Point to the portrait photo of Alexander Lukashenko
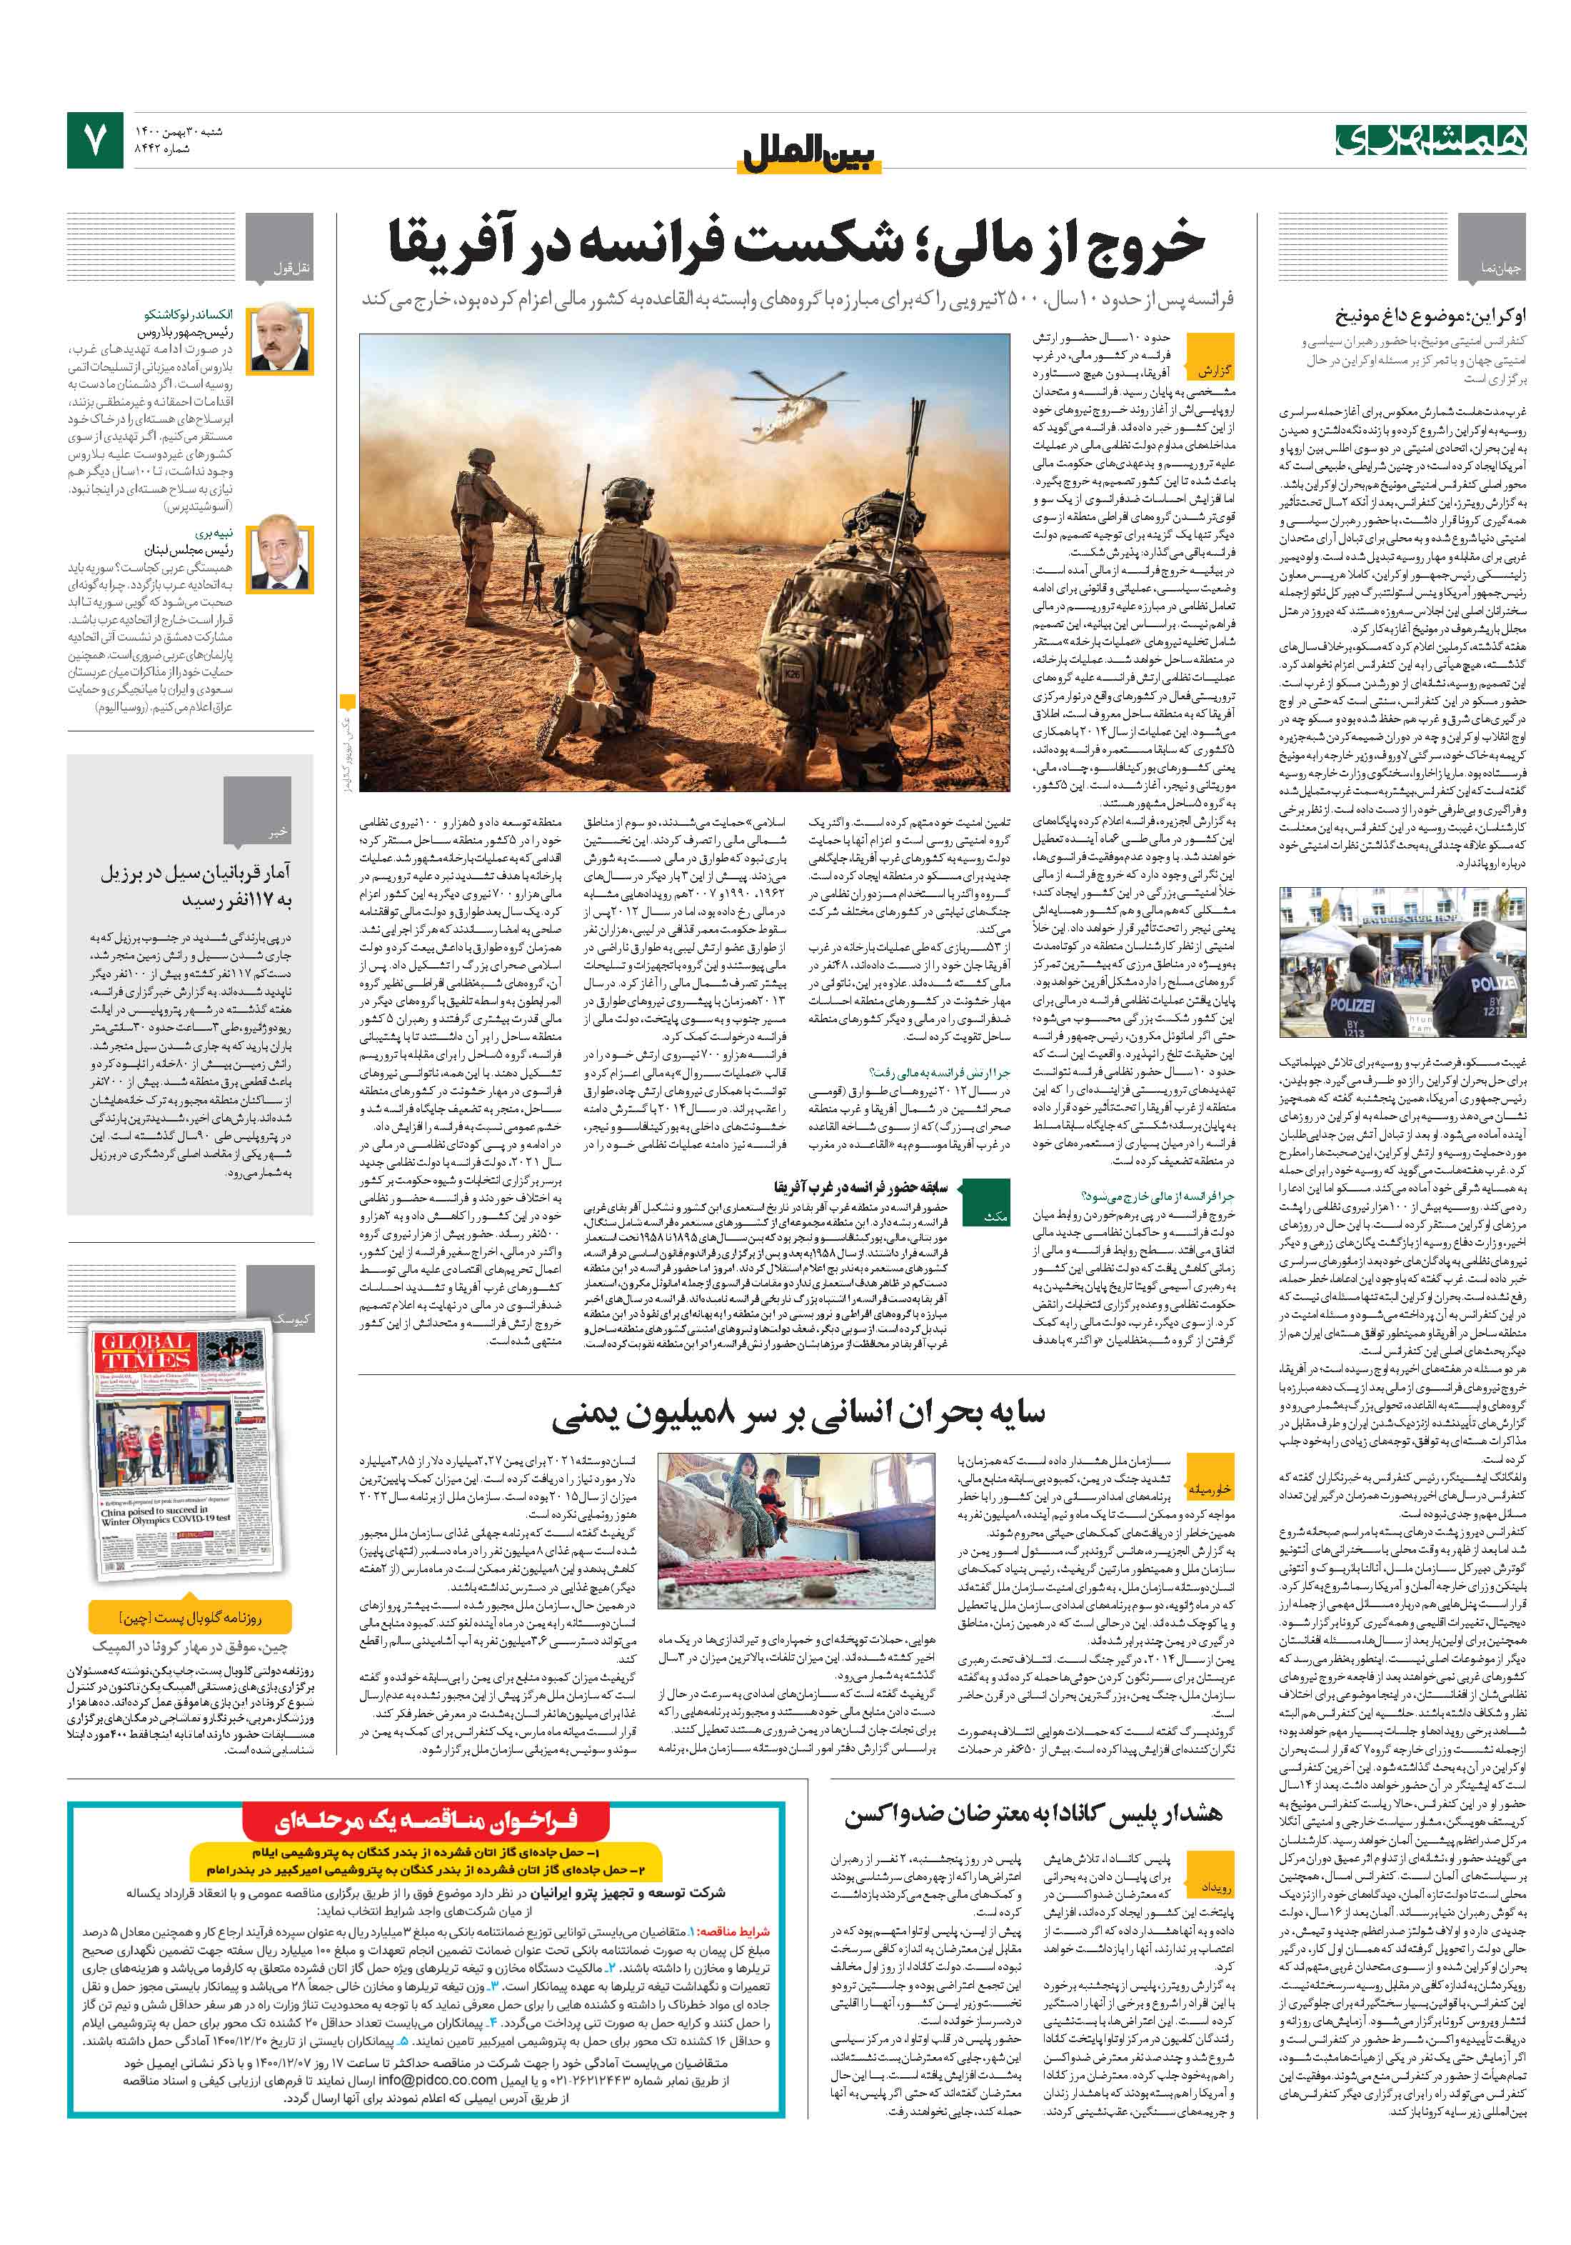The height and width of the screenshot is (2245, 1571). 280,339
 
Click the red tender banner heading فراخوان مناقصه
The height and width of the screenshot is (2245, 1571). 426,1819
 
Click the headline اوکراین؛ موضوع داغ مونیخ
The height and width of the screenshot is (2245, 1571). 1429,316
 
